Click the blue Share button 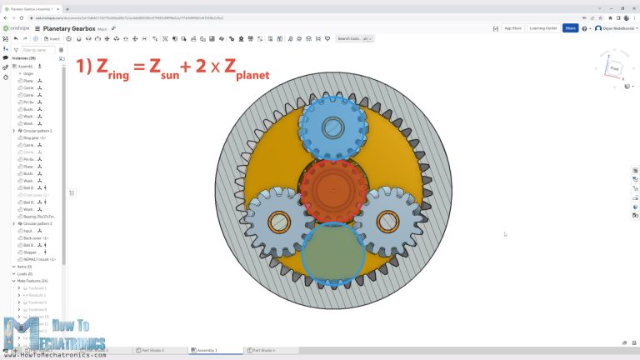pyautogui.click(x=570, y=27)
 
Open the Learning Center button pyautogui.click(x=543, y=27)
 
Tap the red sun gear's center pyautogui.click(x=333, y=189)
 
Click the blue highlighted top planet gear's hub pyautogui.click(x=333, y=127)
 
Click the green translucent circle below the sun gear pyautogui.click(x=332, y=254)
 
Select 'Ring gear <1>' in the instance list pyautogui.click(x=35, y=137)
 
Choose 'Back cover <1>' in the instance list pyautogui.click(x=36, y=237)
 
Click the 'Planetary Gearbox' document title pyautogui.click(x=64, y=28)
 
